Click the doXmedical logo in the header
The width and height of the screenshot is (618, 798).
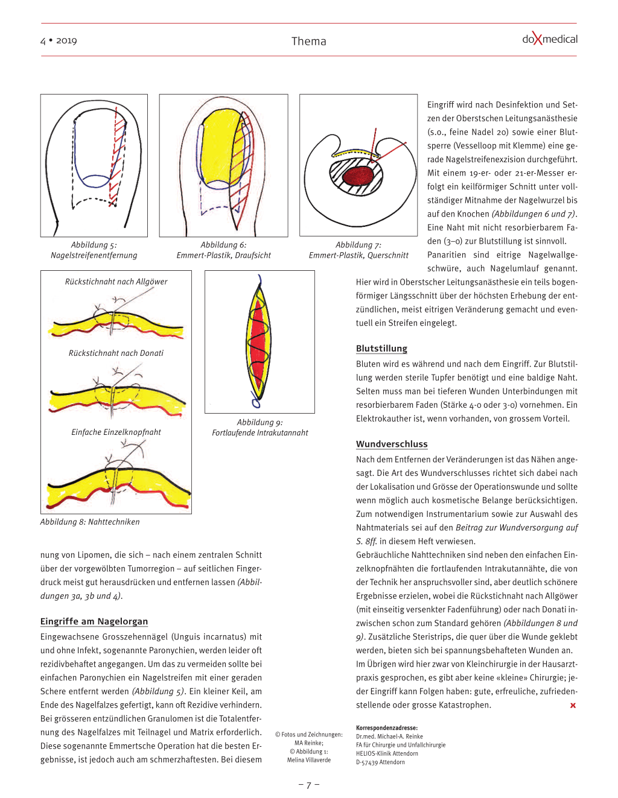pos(549,40)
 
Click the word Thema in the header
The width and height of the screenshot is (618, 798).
pos(308,41)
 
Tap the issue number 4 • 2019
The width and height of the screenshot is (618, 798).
pos(59,40)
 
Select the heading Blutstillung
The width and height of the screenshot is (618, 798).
pos(381,349)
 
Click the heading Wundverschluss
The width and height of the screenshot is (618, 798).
pos(392,444)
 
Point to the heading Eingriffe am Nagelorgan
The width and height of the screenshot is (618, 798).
pos(94,621)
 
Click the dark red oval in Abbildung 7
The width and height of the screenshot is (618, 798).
pos(358,176)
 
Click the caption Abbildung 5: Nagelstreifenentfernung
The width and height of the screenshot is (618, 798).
pos(94,250)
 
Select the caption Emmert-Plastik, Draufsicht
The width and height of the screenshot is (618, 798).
pos(223,255)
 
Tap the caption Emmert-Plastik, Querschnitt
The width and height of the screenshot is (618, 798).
pos(358,255)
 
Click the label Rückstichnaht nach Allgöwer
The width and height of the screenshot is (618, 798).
pos(116,282)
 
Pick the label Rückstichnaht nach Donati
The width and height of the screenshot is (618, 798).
pos(116,353)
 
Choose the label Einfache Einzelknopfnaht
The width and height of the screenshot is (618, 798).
pos(116,432)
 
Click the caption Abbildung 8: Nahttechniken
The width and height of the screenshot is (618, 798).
pos(90,522)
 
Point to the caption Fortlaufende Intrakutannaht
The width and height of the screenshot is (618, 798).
pos(260,432)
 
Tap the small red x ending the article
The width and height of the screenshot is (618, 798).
pos(573,705)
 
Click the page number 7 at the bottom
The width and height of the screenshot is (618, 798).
pos(308,785)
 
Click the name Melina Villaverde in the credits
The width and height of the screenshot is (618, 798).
pos(309,760)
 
